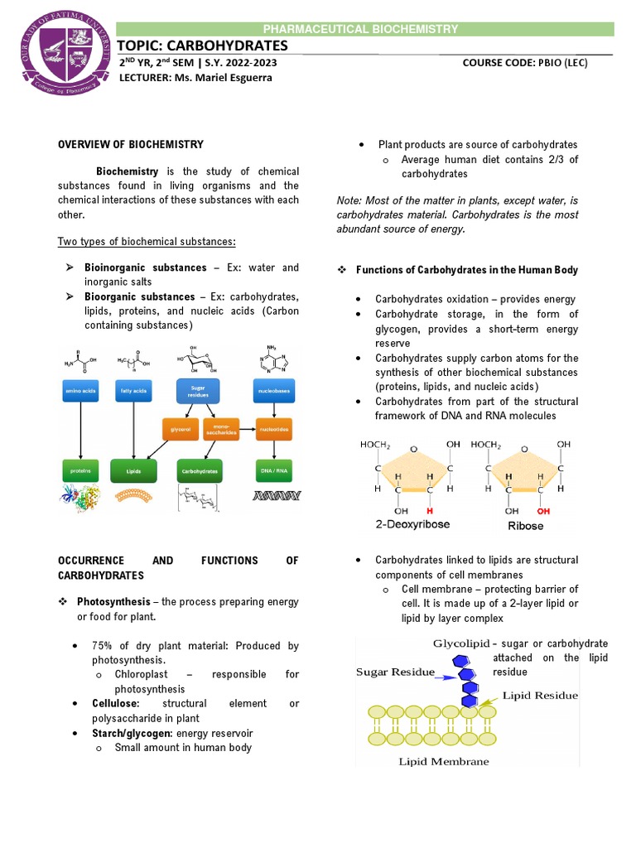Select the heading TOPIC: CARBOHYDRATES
pos(204,45)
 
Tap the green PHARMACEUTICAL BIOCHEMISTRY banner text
pos(371,29)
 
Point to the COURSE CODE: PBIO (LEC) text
pos(524,63)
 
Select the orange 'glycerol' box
pos(180,430)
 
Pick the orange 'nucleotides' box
pos(273,430)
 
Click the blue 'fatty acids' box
pos(128,388)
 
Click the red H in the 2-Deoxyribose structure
pos(429,511)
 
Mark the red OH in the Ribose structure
pos(542,511)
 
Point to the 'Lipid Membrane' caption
pos(444,761)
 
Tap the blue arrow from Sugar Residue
pos(447,677)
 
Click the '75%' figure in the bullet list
pos(103,645)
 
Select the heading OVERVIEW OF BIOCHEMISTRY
pos(130,145)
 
